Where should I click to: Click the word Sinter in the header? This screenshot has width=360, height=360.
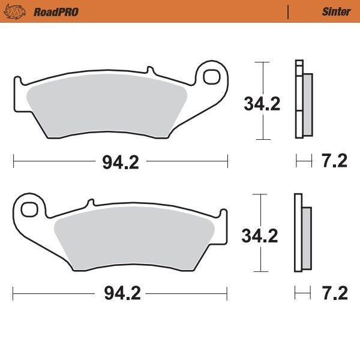(336, 11)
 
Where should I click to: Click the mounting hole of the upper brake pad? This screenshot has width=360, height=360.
(212, 76)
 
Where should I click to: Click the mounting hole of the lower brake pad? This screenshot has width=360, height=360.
(28, 209)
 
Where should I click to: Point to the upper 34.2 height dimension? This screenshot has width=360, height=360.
(262, 104)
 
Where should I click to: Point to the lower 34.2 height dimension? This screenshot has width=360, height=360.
(260, 236)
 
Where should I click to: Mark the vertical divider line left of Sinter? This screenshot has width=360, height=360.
(289, 11)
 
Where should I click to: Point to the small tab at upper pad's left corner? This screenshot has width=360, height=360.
(17, 80)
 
